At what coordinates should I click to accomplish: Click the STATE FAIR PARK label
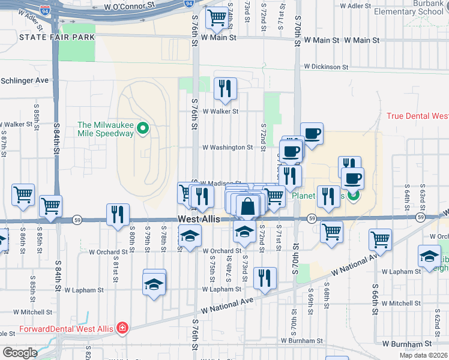pos(57,37)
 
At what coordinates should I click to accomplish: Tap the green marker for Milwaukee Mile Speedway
pos(143,128)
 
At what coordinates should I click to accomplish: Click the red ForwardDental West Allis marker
pos(122,328)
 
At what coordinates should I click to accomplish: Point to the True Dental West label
pos(417,116)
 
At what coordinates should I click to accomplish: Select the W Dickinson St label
pos(326,67)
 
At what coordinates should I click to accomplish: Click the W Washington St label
pos(227,147)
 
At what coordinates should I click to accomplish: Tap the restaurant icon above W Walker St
pos(225,88)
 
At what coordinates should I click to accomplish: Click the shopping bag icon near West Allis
pos(247,206)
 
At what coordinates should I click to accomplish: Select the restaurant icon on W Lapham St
pos(264,278)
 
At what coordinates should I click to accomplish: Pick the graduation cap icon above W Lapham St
pos(154,283)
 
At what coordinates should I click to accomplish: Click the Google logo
pos(19,353)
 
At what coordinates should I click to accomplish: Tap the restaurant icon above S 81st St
pos(118,214)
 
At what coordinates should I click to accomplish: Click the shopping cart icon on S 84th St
pos(50,206)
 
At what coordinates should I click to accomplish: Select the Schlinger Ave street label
pos(24,80)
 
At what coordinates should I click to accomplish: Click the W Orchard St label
pos(221,251)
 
